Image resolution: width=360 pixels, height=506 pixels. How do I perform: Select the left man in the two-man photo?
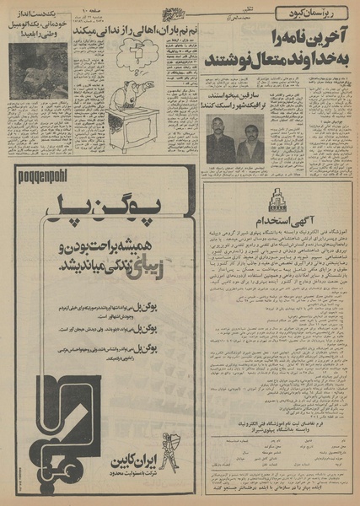pyautogui.click(x=221, y=140)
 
